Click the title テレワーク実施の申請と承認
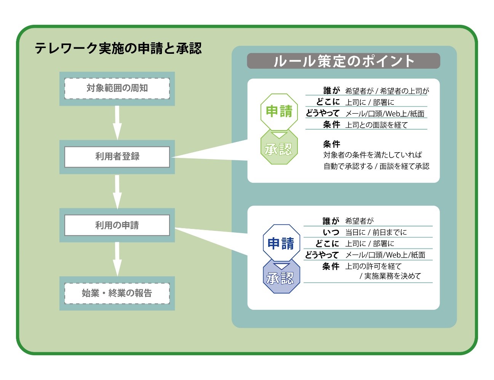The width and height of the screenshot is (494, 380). pyautogui.click(x=118, y=48)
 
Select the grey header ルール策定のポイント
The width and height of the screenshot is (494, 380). pyautogui.click(x=344, y=61)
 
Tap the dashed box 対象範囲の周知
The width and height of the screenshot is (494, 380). pyautogui.click(x=117, y=89)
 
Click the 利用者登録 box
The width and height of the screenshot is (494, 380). pyautogui.click(x=117, y=157)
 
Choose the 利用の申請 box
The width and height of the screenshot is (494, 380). pyautogui.click(x=117, y=225)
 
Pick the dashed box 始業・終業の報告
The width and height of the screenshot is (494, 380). pyautogui.click(x=117, y=293)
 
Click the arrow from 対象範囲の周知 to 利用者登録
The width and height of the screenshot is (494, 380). pyautogui.click(x=117, y=123)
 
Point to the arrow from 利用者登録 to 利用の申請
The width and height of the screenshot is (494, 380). pyautogui.click(x=117, y=192)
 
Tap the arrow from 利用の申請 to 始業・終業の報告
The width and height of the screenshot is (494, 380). pyautogui.click(x=117, y=259)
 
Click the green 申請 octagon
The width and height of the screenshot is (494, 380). pyautogui.click(x=279, y=111)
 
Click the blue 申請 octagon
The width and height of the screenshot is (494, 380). pyautogui.click(x=281, y=243)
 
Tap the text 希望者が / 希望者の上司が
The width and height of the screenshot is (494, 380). pyautogui.click(x=387, y=91)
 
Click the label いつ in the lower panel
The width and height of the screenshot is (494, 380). pyautogui.click(x=331, y=232)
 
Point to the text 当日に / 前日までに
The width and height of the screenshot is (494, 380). pyautogui.click(x=376, y=232)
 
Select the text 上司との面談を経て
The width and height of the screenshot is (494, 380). pyautogui.click(x=376, y=125)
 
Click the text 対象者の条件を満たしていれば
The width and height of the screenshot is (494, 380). pyautogui.click(x=372, y=155)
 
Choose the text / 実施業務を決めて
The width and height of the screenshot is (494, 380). pyautogui.click(x=390, y=276)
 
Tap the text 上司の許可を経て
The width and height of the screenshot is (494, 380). pyautogui.click(x=373, y=266)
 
